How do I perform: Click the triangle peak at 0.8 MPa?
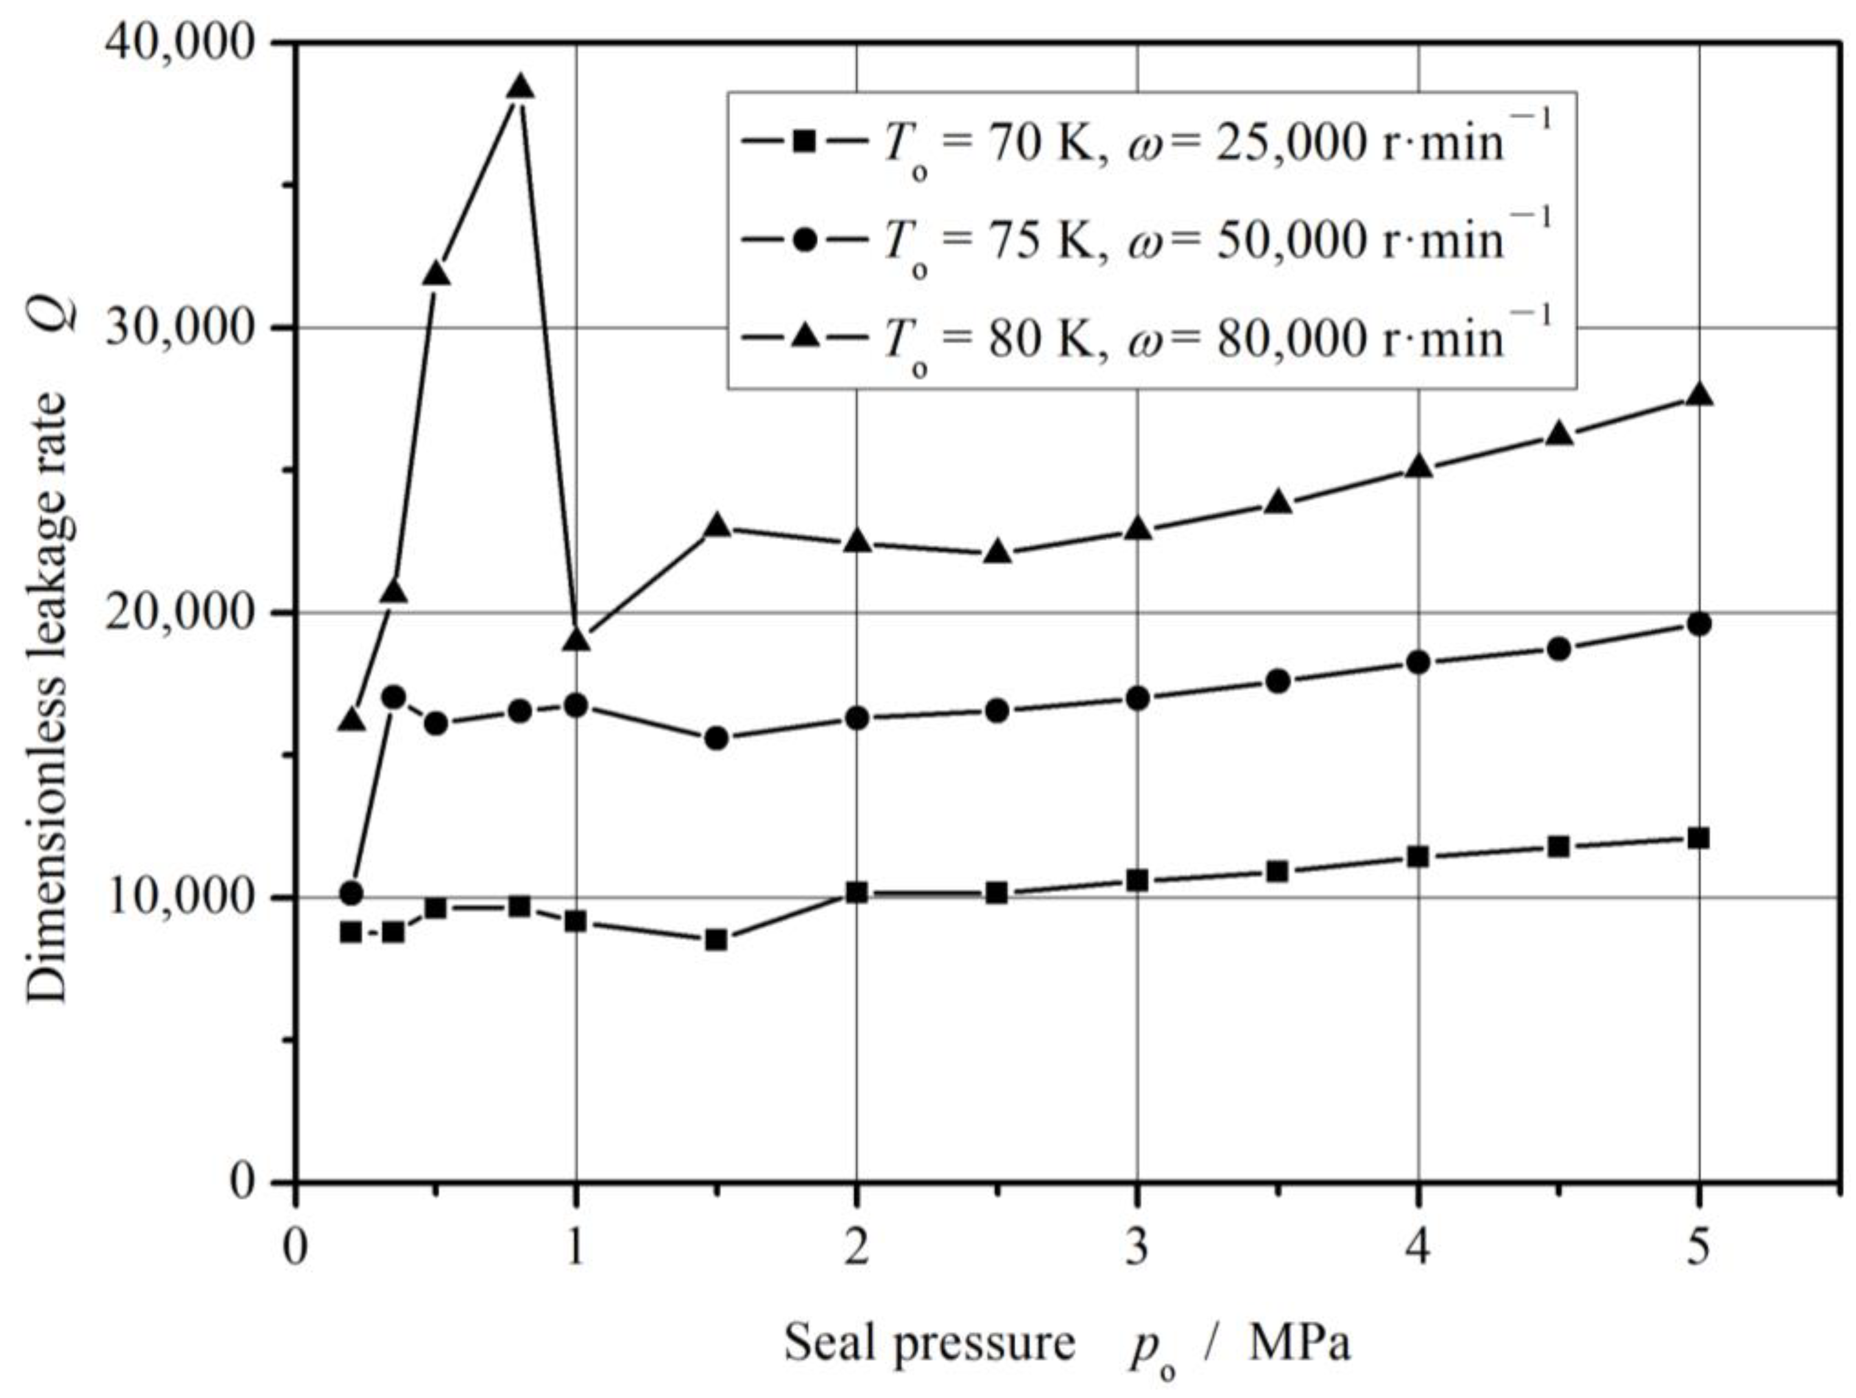(x=520, y=87)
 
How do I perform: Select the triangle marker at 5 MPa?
(x=1698, y=395)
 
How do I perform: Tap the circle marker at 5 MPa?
(x=1698, y=624)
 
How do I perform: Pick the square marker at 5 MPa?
(x=1698, y=838)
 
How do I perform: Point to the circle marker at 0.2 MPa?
(x=351, y=894)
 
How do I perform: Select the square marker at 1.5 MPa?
(x=716, y=940)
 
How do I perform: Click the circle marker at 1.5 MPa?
(x=716, y=738)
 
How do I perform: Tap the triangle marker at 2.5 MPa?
(x=997, y=552)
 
